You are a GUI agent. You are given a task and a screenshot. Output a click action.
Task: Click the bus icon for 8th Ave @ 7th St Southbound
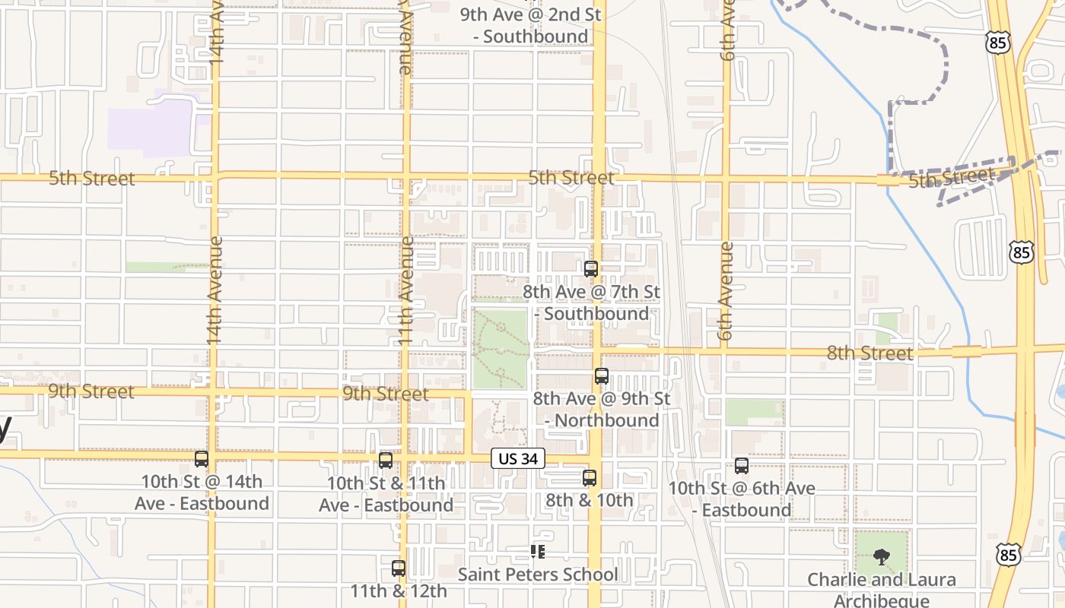click(591, 268)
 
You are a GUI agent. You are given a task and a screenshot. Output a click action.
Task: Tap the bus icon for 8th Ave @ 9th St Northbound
click(602, 375)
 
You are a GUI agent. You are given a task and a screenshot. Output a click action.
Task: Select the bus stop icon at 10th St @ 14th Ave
click(202, 458)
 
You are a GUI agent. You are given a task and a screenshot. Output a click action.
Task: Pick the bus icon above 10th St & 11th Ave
click(386, 460)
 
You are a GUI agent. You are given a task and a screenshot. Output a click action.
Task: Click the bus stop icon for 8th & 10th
click(590, 477)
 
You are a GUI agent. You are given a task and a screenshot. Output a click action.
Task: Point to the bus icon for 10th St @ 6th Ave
click(742, 466)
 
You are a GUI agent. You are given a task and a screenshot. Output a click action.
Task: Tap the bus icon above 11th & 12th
click(398, 568)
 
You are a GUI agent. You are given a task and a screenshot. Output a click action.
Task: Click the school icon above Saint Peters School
click(538, 552)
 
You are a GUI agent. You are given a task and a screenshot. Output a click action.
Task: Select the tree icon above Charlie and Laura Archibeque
click(882, 557)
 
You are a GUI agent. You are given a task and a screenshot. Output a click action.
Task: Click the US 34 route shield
click(518, 458)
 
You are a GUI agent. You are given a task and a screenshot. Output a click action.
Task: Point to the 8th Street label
click(869, 353)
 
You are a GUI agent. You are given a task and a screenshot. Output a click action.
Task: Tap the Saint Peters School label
click(538, 575)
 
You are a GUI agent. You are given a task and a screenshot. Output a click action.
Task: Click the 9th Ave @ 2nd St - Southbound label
click(531, 25)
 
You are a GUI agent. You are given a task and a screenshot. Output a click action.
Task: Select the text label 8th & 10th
click(590, 500)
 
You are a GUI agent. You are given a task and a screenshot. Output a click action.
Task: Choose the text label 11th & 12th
click(398, 591)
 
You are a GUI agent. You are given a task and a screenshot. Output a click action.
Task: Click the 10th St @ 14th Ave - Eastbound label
click(202, 492)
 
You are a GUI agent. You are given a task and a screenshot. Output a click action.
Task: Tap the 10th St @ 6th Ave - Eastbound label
click(742, 499)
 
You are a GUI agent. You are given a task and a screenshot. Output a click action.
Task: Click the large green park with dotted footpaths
click(500, 348)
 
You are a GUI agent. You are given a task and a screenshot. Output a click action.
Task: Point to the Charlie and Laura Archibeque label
click(882, 590)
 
